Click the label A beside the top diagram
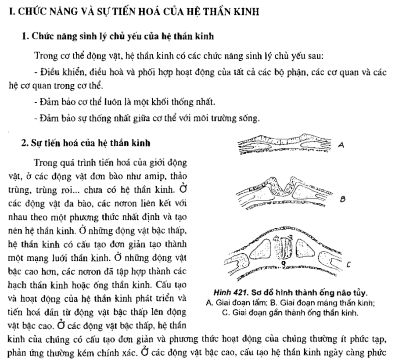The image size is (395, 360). tap(341, 145)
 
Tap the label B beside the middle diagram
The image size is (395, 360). tap(343, 198)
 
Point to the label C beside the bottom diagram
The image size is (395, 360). tap(348, 264)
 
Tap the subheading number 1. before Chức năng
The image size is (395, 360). tap(25, 36)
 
